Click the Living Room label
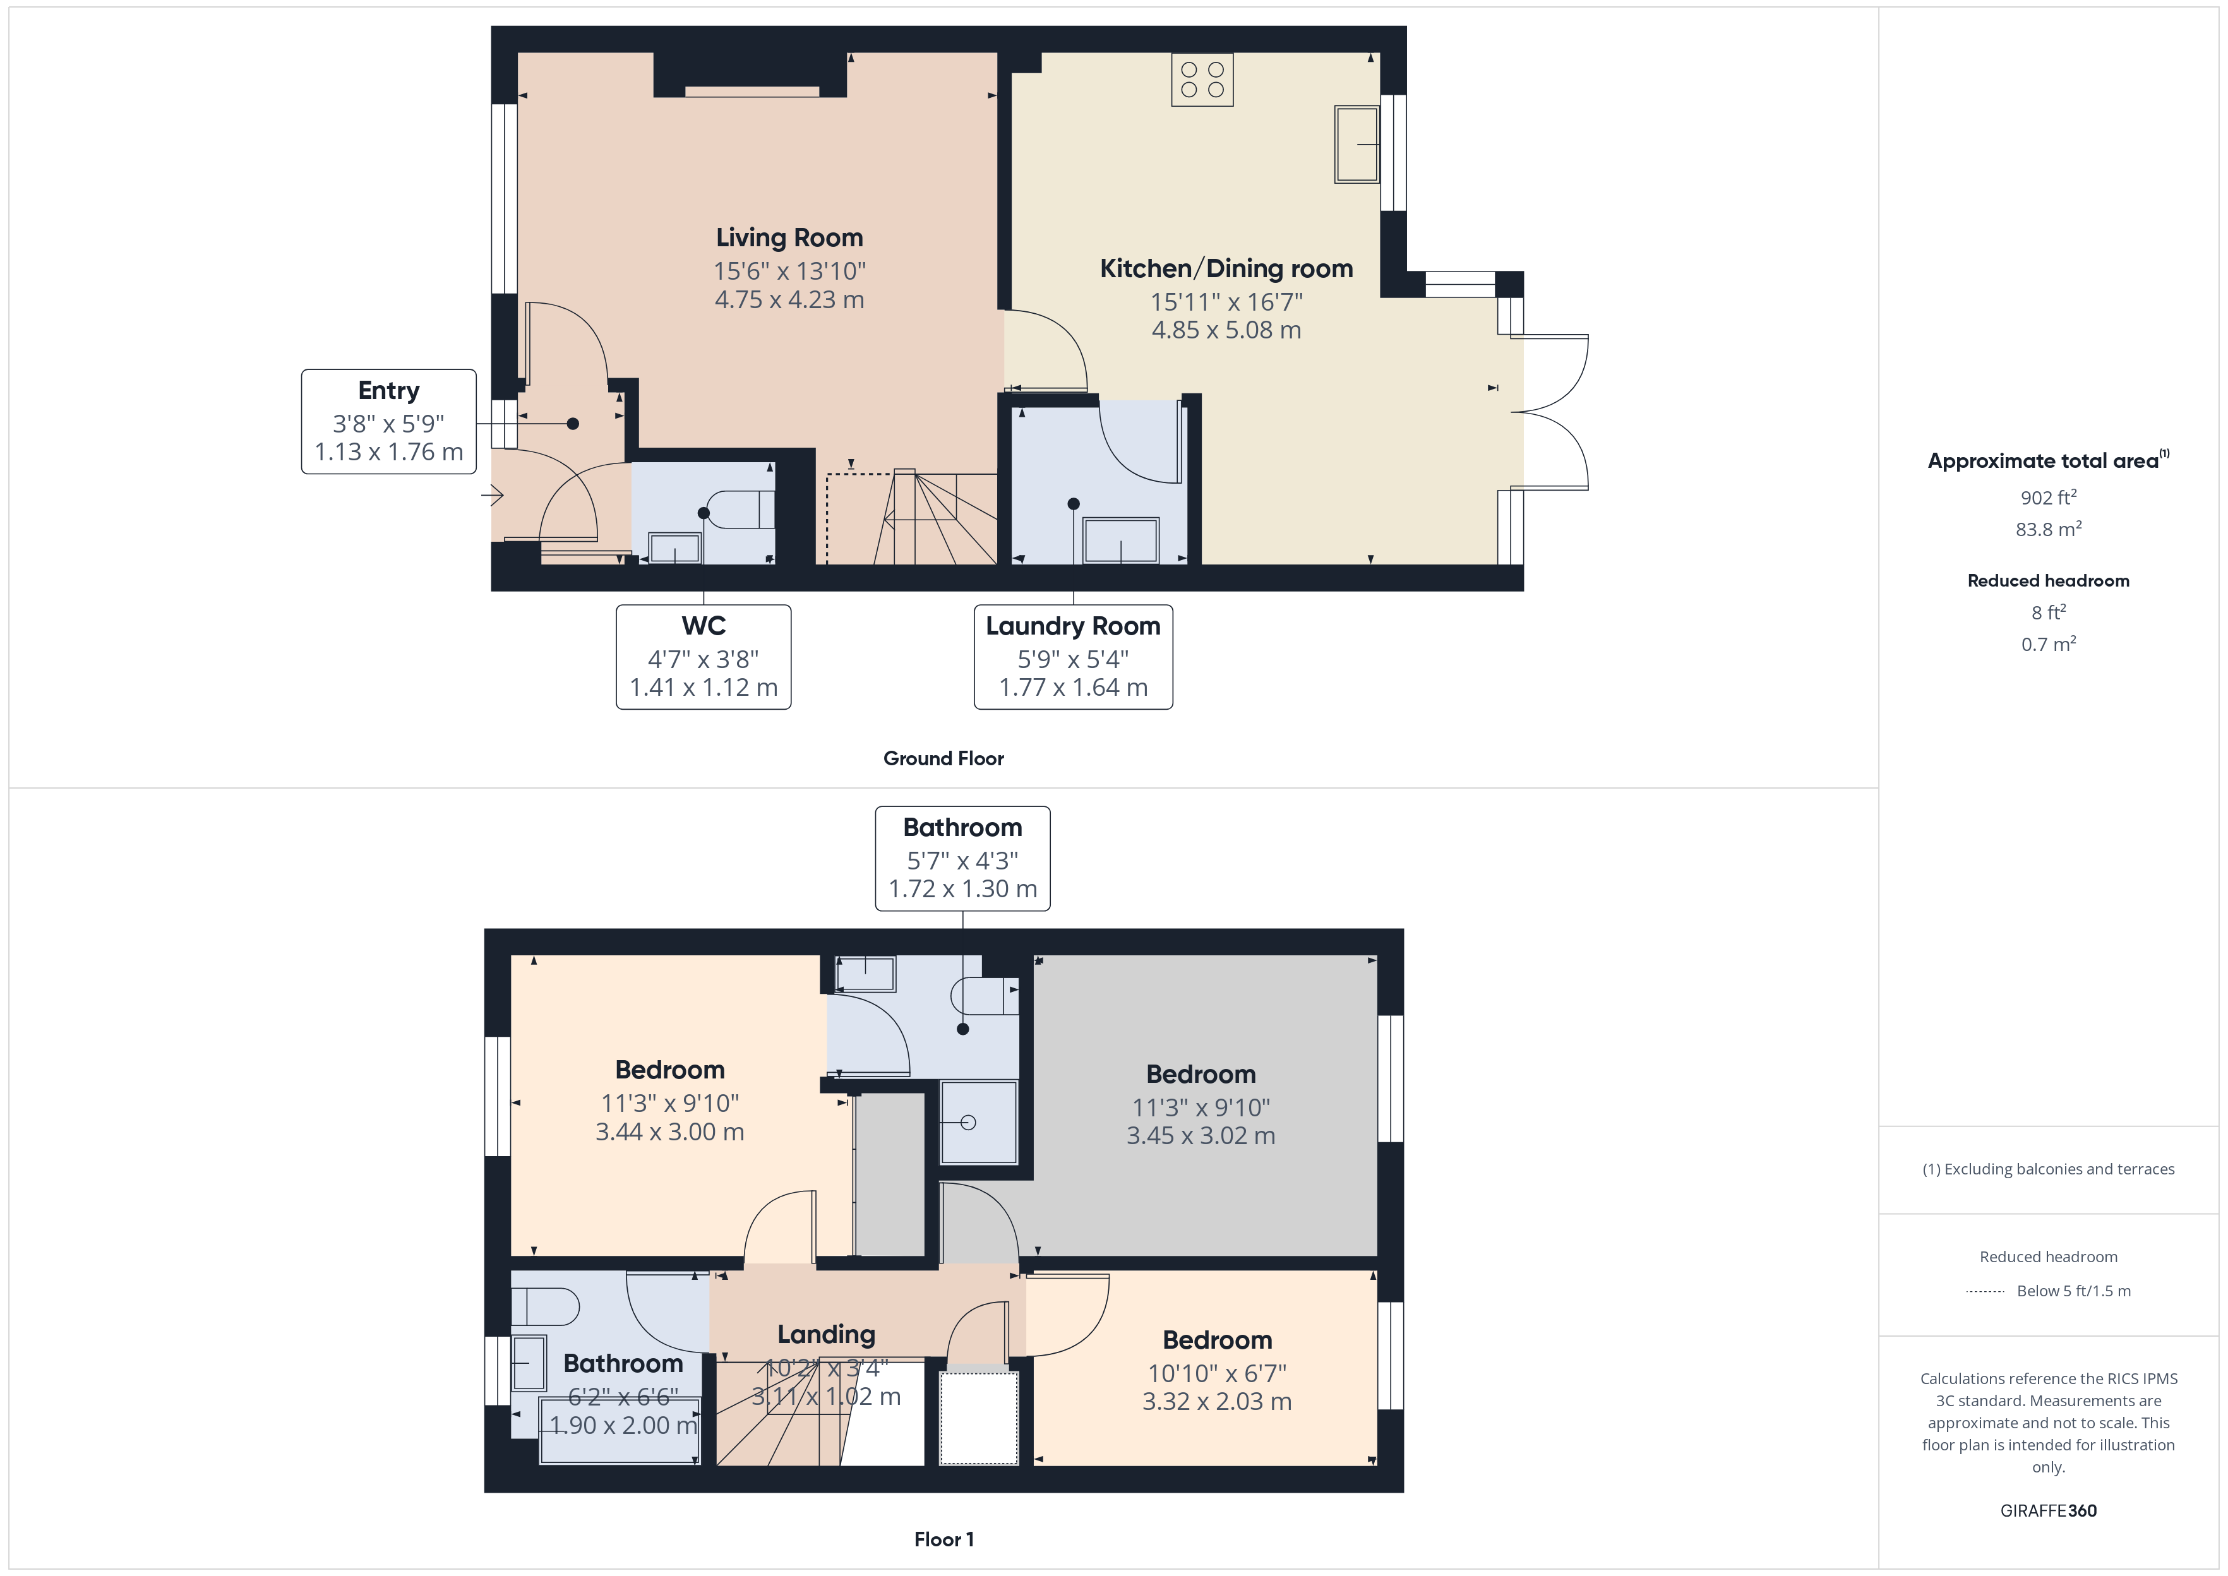(789, 238)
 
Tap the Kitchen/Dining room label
(1226, 269)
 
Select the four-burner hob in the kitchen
(1202, 80)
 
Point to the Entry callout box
(389, 421)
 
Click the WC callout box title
(704, 626)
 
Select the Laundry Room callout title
(1073, 626)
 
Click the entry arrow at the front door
(492, 496)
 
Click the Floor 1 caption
(943, 1539)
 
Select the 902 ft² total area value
(2049, 497)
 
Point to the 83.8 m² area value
(2049, 529)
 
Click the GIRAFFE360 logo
(2049, 1511)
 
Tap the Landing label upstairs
(826, 1335)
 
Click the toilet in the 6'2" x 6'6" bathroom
(544, 1306)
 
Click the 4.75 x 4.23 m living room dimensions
(789, 300)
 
